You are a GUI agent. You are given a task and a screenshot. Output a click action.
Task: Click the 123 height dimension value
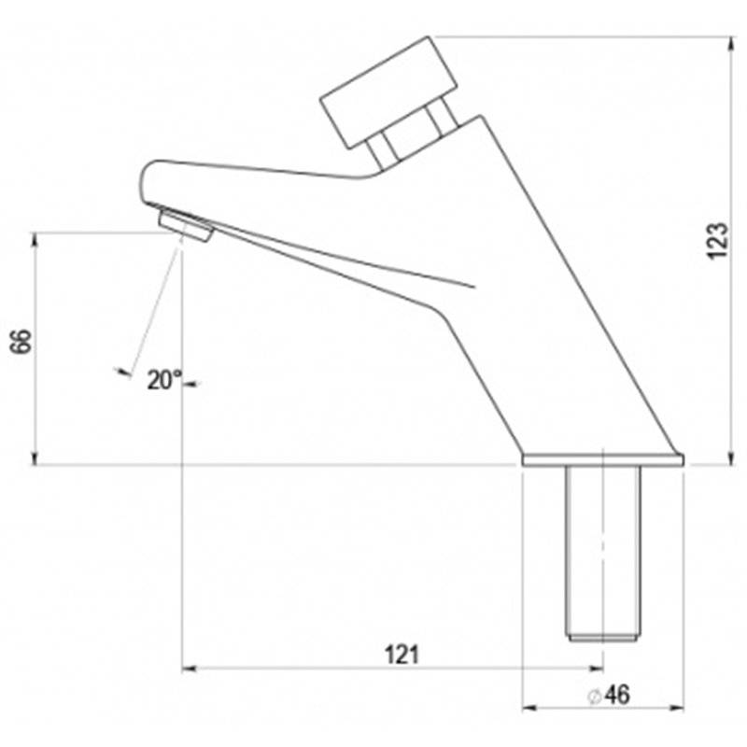coord(717,241)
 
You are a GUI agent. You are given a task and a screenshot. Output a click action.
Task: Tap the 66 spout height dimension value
coord(21,341)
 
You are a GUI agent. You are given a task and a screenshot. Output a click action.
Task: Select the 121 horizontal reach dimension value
coord(402,655)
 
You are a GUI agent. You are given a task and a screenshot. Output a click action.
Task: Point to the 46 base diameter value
coord(617,695)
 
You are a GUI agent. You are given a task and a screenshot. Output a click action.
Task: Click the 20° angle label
coord(164,380)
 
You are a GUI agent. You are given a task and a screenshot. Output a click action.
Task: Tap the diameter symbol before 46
coord(593,697)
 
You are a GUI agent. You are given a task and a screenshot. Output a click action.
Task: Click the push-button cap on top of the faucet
coord(388,92)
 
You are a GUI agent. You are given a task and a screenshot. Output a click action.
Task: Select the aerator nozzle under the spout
coord(186,226)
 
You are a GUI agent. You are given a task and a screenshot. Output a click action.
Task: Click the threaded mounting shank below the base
coord(603,553)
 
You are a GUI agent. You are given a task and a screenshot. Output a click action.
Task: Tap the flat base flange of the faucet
coord(603,459)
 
